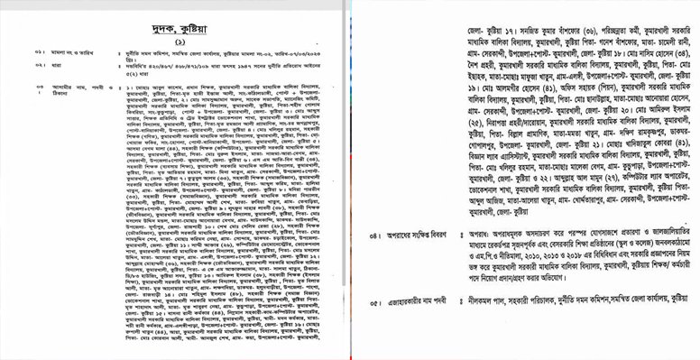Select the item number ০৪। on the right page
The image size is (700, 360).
[379, 237]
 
